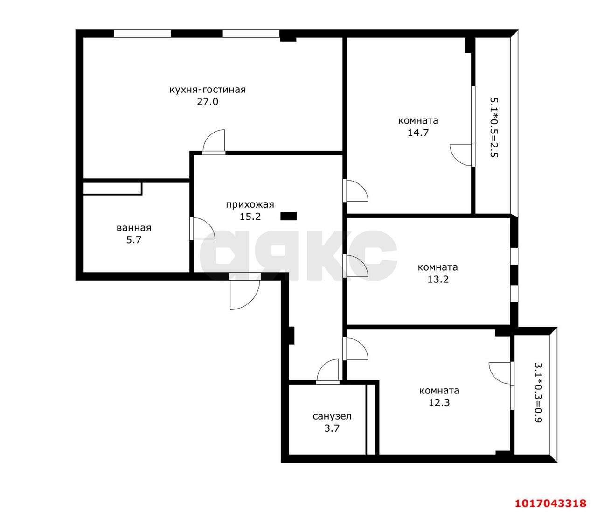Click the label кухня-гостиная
(208, 90)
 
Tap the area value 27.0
(208, 102)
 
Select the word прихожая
(250, 205)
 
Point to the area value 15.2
(250, 217)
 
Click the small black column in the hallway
(288, 216)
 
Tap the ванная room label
(134, 228)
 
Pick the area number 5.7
(134, 240)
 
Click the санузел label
(332, 416)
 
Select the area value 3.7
(332, 428)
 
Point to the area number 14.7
(418, 133)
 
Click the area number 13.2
(438, 280)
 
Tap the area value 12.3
(439, 403)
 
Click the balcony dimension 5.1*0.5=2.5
(494, 127)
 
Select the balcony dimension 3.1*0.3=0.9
(538, 393)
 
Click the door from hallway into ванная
(202, 228)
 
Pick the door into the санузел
(328, 372)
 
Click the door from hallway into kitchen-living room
(214, 142)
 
